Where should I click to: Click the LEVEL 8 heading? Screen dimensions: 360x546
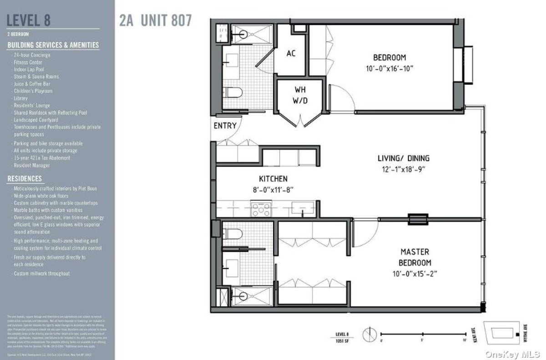29,20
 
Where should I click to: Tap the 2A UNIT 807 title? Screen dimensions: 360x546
155,20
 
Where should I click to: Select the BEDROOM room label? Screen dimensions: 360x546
389,57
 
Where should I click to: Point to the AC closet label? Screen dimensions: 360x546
291,53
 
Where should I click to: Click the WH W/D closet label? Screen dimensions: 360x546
301,95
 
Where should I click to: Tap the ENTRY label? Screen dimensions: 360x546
225,126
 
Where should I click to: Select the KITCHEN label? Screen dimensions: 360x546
273,179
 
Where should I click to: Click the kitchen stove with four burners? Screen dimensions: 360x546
262,209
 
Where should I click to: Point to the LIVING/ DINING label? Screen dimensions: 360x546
403,158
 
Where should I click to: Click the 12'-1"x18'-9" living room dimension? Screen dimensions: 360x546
403,170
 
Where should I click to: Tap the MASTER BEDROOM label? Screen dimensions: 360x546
415,257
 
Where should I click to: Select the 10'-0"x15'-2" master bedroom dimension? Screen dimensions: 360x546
415,274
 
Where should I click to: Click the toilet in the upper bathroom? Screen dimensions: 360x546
233,93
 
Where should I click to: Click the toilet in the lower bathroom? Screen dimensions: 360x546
233,234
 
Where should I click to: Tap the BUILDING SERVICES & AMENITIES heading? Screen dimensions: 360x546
53,45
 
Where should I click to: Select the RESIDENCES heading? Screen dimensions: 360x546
25,178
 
